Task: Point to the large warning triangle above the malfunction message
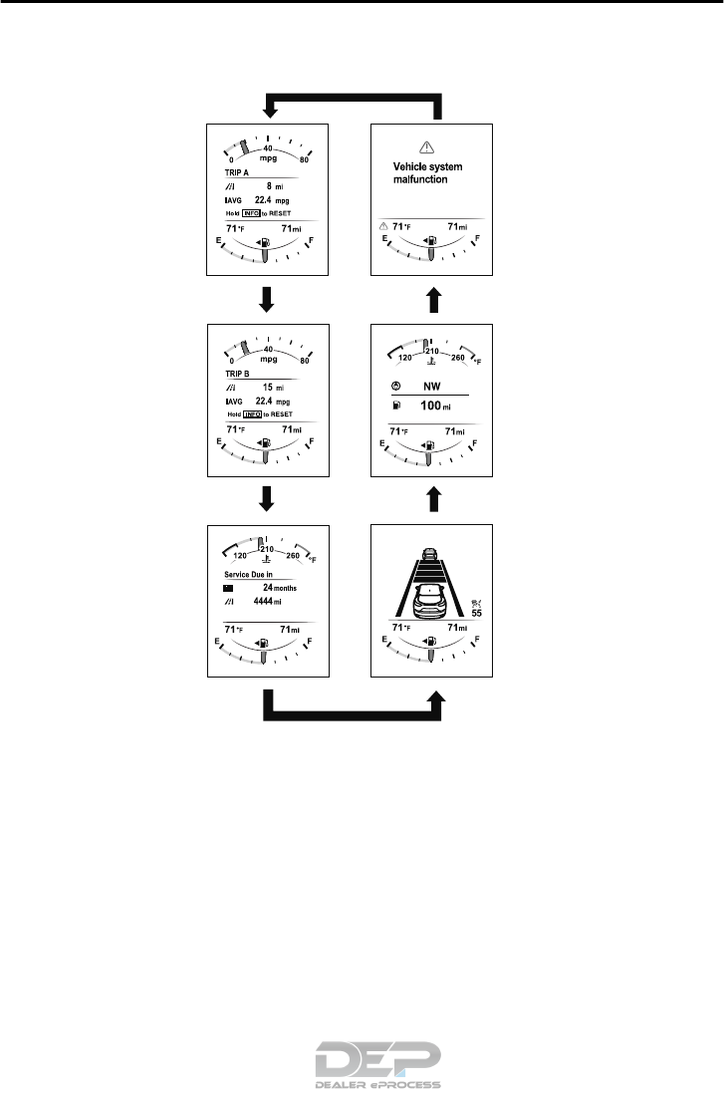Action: point(429,144)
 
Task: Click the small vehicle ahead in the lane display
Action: point(429,554)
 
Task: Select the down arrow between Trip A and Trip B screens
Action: point(267,298)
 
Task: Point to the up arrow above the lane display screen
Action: point(431,498)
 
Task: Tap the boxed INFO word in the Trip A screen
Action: point(249,214)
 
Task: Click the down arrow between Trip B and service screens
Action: point(267,499)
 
